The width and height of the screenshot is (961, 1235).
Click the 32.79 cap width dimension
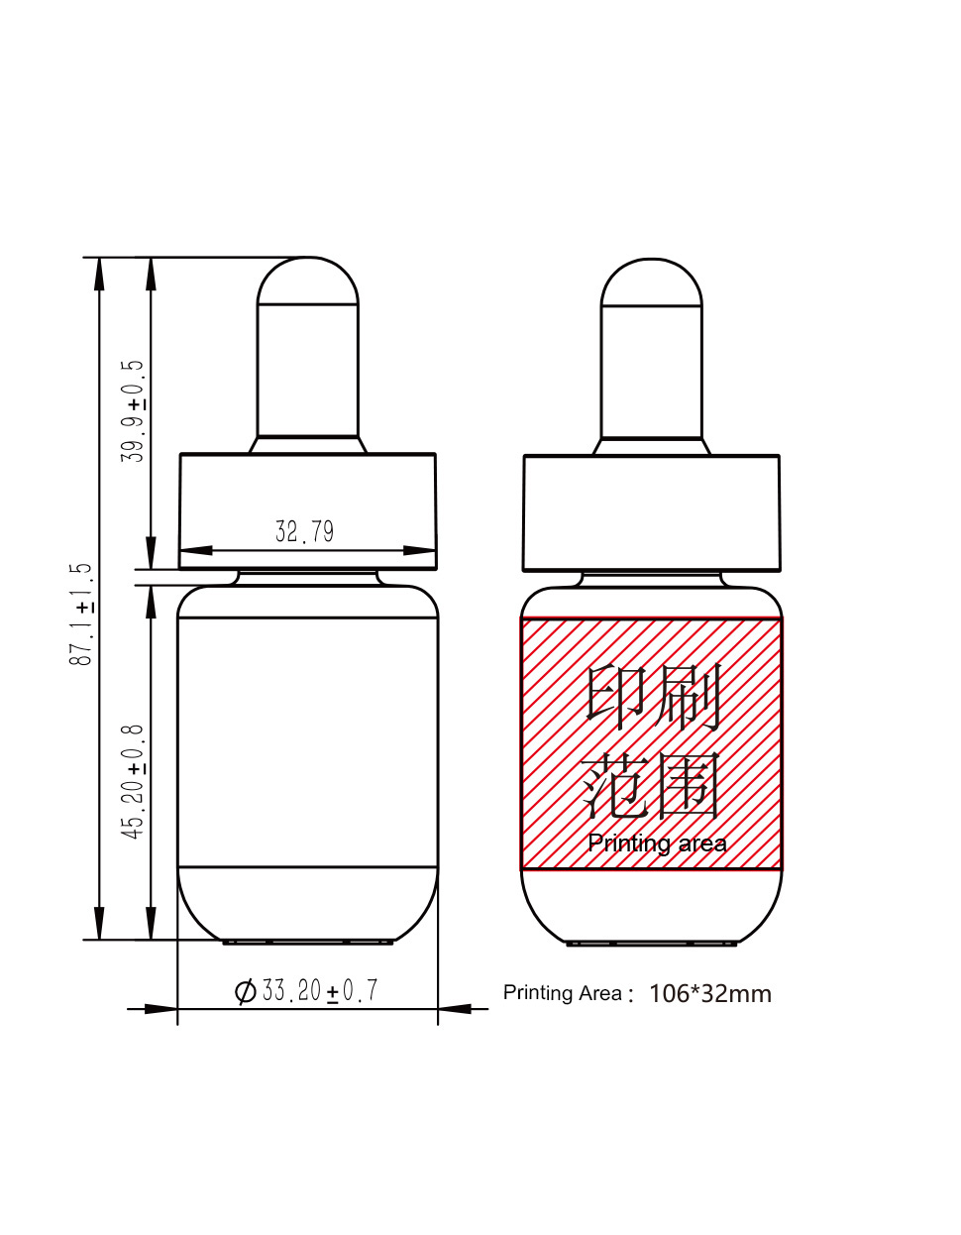click(x=304, y=531)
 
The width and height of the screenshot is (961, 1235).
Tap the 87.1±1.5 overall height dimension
click(x=80, y=615)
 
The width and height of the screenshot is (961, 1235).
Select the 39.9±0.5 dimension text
click(x=133, y=411)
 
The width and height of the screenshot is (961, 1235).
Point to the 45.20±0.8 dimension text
click(x=133, y=782)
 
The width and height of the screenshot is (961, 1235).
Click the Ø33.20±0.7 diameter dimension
click(x=306, y=990)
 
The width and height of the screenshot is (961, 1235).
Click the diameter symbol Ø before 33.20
click(x=246, y=991)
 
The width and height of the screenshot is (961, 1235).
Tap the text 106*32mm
click(x=710, y=994)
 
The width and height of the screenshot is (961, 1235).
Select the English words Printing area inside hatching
click(x=657, y=843)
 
